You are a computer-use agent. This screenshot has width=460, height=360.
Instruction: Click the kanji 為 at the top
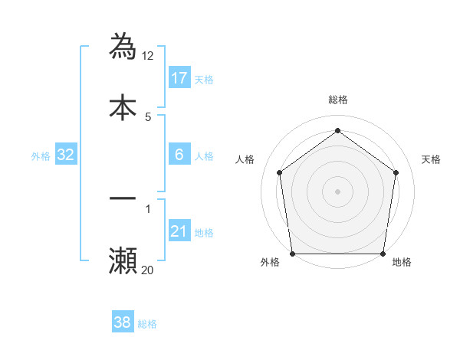tap(123, 46)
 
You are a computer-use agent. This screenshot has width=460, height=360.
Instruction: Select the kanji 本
tap(123, 107)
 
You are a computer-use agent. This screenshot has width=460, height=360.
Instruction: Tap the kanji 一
tap(123, 198)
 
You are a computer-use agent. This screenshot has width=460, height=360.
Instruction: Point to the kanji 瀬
tap(123, 261)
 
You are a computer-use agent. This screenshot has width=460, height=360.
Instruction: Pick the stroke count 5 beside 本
tap(149, 116)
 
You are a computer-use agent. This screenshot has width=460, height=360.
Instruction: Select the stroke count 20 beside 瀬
tap(148, 270)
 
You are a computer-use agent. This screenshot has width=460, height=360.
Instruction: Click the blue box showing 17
tap(179, 78)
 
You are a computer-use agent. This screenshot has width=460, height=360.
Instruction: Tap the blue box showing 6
tap(179, 155)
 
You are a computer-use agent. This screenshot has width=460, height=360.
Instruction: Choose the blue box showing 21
tap(179, 231)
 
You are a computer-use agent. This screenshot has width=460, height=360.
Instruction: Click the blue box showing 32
tap(66, 155)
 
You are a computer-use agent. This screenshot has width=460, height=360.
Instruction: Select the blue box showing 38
tap(123, 322)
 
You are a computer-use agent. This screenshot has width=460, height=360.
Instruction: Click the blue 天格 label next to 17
tap(204, 80)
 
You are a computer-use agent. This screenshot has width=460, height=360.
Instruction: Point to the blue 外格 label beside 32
tap(41, 156)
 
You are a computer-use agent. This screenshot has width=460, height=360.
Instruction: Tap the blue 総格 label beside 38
tap(147, 324)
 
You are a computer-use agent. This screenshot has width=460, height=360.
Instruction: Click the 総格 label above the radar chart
tap(337, 100)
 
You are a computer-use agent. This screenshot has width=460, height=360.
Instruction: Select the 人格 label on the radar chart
tap(245, 159)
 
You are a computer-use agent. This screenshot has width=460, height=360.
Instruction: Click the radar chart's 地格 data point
tap(383, 254)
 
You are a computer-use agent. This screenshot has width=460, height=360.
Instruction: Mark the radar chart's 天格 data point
tap(396, 172)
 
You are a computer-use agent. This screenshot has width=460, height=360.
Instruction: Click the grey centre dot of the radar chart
tap(337, 191)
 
